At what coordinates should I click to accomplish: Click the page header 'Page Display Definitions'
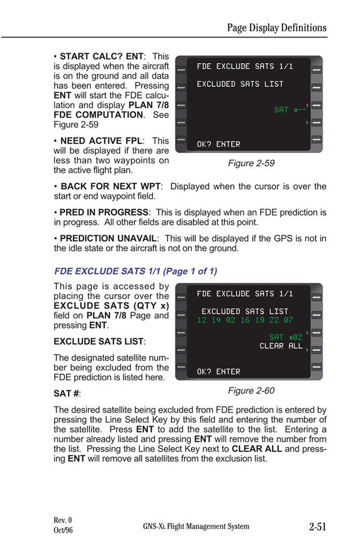click(276, 27)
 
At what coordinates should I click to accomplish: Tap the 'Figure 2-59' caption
click(251, 163)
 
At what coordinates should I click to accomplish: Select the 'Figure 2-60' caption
click(251, 390)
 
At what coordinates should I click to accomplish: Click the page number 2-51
click(318, 526)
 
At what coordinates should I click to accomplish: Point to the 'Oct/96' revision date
click(63, 530)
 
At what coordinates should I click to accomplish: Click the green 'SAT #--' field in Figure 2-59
click(289, 110)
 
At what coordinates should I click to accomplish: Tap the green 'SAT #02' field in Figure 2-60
click(286, 337)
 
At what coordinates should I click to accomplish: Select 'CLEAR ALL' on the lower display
click(281, 346)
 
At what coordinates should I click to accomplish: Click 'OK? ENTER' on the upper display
click(218, 144)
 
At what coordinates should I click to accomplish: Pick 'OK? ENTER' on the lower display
click(218, 372)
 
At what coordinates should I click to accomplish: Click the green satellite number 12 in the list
click(202, 320)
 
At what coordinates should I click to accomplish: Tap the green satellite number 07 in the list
click(288, 320)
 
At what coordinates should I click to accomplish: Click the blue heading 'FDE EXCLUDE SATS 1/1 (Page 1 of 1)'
click(135, 271)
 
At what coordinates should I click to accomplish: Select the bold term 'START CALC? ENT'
click(102, 56)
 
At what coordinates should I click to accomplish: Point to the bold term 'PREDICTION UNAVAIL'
click(108, 238)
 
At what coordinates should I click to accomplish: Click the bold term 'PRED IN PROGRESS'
click(104, 212)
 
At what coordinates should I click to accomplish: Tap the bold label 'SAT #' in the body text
click(66, 393)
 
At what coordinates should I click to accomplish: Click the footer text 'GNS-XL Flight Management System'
click(196, 526)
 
